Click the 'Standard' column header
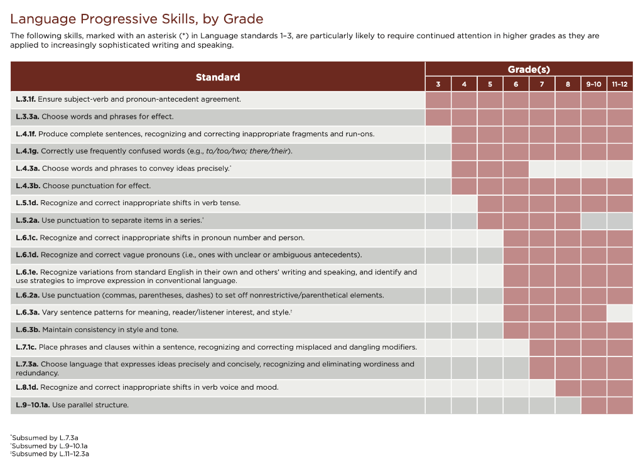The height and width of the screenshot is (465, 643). click(217, 77)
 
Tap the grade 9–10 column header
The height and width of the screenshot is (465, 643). click(593, 84)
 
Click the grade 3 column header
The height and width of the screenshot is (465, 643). click(438, 84)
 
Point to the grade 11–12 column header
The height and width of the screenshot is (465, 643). click(620, 84)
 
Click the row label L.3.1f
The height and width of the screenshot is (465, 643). click(26, 99)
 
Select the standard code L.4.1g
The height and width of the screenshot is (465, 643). click(27, 151)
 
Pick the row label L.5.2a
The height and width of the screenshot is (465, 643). click(27, 221)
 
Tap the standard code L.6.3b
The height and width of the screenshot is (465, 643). click(28, 329)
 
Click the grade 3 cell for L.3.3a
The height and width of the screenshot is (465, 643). click(438, 117)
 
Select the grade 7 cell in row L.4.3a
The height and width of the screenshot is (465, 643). click(541, 169)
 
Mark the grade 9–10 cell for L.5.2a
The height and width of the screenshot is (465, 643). click(593, 221)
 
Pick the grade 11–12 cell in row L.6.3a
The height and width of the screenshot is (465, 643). click(620, 313)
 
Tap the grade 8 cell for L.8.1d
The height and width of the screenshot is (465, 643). click(568, 388)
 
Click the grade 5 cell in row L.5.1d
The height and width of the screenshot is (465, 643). click(490, 203)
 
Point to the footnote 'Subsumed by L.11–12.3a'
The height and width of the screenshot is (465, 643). click(51, 454)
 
